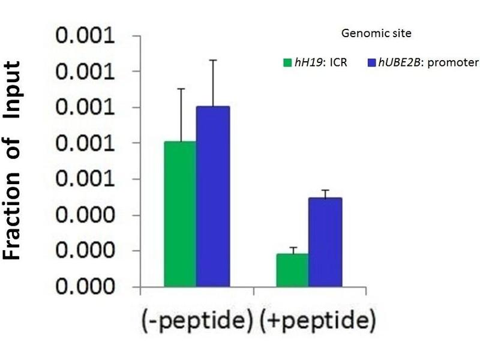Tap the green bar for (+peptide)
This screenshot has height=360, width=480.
(x=293, y=270)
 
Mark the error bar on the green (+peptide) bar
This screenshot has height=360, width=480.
(x=293, y=250)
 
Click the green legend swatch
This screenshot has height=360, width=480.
(x=287, y=62)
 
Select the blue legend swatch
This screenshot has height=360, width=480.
(x=371, y=62)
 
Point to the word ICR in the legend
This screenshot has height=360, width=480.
(x=338, y=62)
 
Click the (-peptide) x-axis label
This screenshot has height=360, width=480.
(x=196, y=322)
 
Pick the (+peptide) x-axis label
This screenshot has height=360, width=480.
(x=318, y=322)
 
